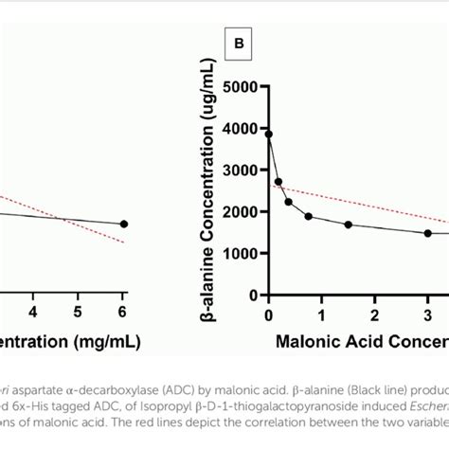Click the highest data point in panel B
click(269, 135)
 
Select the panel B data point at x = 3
click(427, 233)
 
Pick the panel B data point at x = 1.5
click(349, 224)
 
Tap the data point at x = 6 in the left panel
click(123, 224)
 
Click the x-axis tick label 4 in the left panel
click(33, 312)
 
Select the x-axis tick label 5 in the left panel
click(78, 312)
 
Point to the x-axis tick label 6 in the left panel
click(123, 312)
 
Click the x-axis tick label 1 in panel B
click(322, 314)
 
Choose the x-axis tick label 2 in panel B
click(375, 314)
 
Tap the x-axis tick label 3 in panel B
click(427, 314)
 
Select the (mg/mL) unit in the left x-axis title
click(105, 340)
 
